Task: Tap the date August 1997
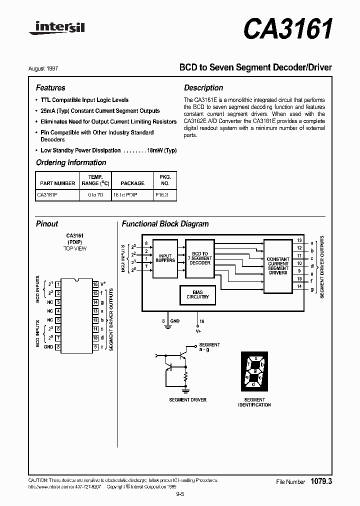tap(50, 68)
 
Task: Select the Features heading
tap(50, 88)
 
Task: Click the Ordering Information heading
tap(71, 162)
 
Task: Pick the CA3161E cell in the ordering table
tap(47, 195)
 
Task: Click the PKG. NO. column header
tap(165, 180)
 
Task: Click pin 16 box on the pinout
tap(95, 284)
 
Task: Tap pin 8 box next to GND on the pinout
tap(58, 346)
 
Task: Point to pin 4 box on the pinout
tap(58, 311)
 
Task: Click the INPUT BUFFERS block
tap(165, 258)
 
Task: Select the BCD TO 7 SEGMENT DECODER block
tap(200, 258)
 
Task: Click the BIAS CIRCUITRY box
tap(198, 294)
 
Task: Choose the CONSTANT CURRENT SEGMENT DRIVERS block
tap(278, 266)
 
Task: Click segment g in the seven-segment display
tap(254, 371)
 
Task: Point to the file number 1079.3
tap(321, 481)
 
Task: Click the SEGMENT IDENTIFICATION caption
tap(254, 402)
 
